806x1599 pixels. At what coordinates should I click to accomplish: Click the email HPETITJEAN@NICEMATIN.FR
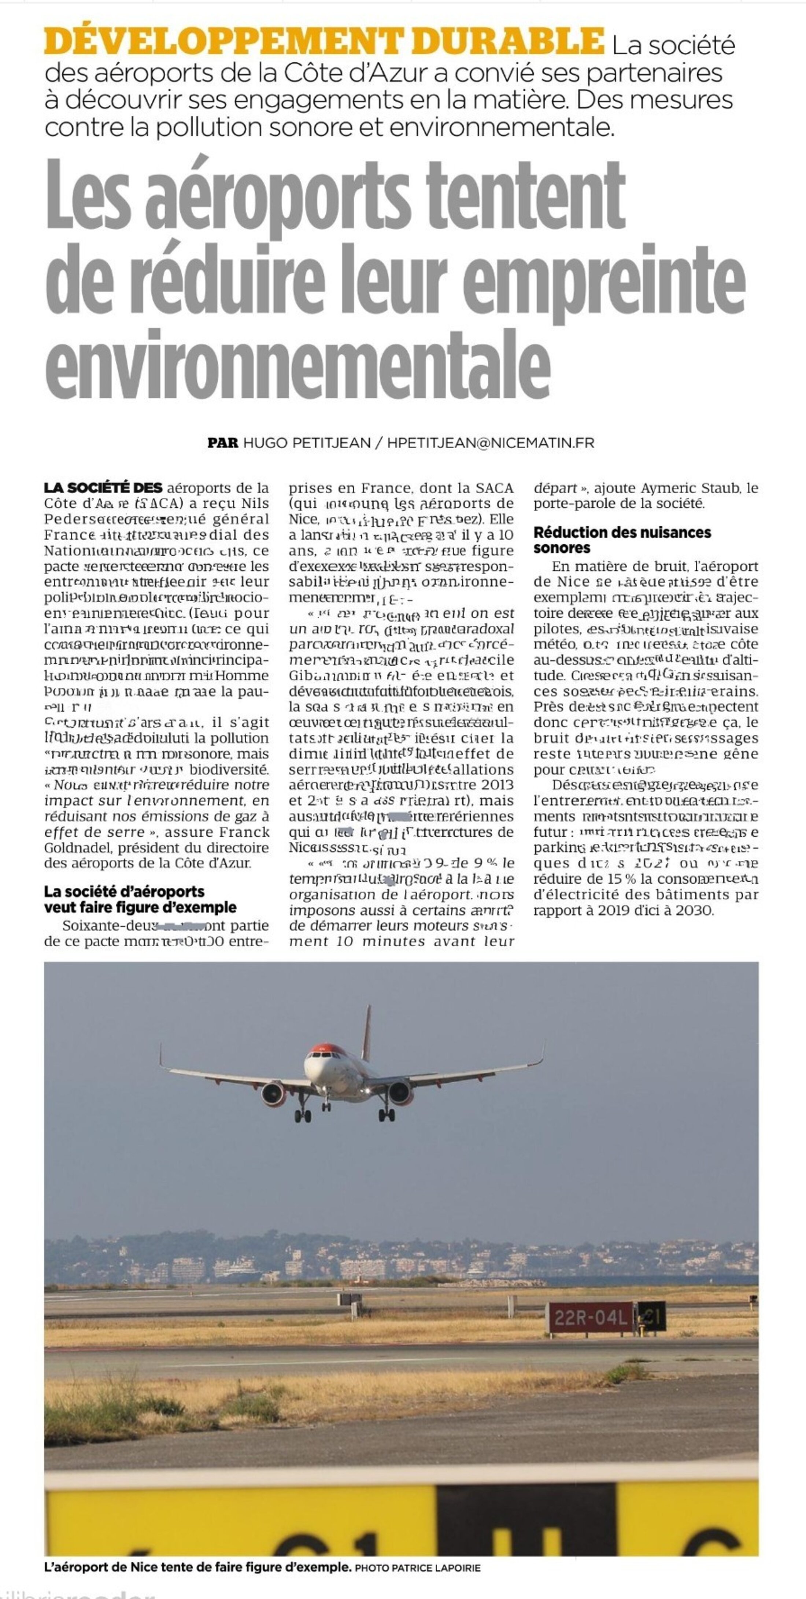[490, 443]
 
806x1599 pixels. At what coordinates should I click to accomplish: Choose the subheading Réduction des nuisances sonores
[622, 540]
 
